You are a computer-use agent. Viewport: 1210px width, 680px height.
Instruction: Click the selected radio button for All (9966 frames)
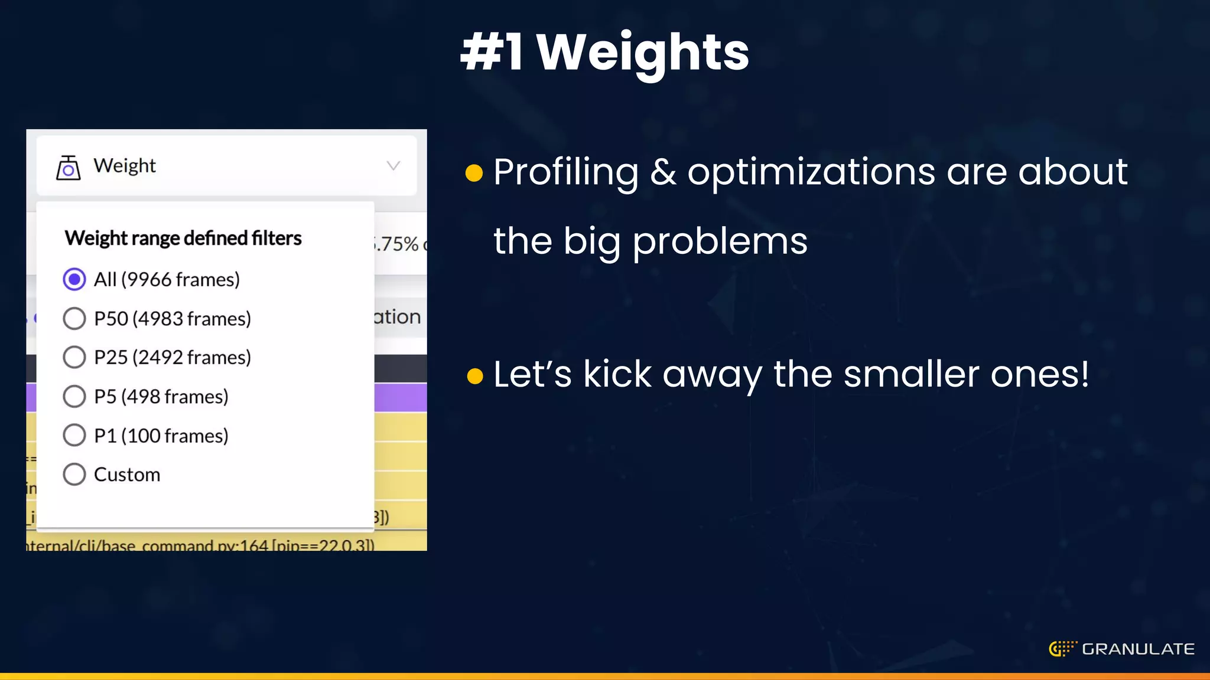(74, 279)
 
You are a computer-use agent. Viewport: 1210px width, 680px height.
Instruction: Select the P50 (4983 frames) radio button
(74, 318)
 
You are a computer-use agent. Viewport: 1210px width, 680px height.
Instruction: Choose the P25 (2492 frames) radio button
(74, 357)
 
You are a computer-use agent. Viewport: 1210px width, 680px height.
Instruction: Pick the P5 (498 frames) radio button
(74, 396)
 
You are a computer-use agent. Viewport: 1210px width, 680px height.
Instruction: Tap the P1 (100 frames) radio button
(74, 435)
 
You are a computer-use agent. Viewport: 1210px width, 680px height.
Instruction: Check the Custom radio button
(74, 474)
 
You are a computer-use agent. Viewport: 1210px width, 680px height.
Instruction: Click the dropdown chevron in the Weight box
(393, 166)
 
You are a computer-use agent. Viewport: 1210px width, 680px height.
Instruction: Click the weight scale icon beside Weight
(69, 168)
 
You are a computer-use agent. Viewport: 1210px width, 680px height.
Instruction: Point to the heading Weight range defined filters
(183, 238)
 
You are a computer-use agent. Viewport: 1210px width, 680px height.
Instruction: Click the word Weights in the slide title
(642, 53)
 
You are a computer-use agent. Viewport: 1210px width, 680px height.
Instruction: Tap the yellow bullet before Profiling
(474, 173)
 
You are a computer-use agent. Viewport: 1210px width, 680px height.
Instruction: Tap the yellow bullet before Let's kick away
(474, 375)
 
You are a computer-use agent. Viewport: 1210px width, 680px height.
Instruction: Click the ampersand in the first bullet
(663, 172)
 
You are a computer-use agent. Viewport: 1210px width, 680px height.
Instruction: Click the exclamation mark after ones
(1084, 374)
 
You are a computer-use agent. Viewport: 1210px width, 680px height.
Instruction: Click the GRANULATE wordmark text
(1138, 649)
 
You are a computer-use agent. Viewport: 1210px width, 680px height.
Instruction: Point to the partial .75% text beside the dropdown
(397, 243)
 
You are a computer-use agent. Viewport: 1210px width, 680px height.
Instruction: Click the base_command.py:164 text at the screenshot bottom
(201, 545)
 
